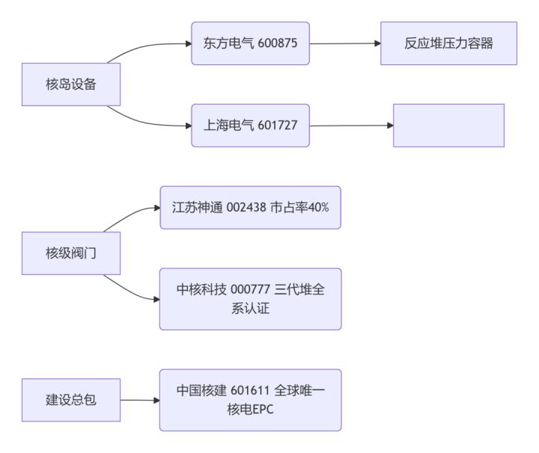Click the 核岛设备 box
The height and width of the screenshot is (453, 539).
coord(71,84)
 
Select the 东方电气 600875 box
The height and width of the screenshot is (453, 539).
coord(250,43)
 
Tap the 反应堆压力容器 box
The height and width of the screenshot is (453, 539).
coord(448,43)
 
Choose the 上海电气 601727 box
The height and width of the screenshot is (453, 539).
coord(250,125)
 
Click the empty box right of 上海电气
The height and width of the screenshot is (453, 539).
coord(448,125)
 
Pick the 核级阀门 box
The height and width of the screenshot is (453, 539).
coord(71,253)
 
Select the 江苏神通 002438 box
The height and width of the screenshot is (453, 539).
coord(250,207)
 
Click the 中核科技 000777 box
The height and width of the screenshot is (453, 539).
coord(250,299)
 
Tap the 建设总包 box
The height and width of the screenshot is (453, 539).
coord(71,400)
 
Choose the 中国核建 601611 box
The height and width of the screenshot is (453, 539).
coord(250,400)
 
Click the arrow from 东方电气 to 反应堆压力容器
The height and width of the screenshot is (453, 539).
coord(344,43)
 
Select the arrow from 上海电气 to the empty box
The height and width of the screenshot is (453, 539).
coord(350,125)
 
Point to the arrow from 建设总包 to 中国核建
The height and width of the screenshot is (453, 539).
coord(140,400)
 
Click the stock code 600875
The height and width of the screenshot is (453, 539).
coord(278,43)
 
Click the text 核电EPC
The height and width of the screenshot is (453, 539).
coord(250,410)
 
